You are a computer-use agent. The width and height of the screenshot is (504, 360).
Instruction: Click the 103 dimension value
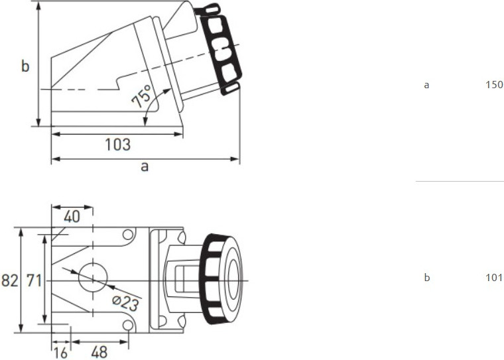(118, 145)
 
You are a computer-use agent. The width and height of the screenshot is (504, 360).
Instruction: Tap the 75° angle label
(142, 96)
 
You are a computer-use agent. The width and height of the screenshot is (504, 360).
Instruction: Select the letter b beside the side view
(25, 66)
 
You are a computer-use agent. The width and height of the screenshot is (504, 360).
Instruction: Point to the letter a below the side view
(145, 167)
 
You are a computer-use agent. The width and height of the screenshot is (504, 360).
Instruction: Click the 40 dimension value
(72, 217)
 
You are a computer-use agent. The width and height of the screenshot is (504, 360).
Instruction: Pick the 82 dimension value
(10, 280)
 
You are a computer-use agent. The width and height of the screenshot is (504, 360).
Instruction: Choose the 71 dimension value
(34, 280)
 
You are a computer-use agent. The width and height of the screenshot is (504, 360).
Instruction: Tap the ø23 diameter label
(126, 303)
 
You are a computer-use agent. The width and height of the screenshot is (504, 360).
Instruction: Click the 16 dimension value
(60, 353)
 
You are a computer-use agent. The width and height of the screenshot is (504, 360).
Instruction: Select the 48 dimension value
(99, 353)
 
